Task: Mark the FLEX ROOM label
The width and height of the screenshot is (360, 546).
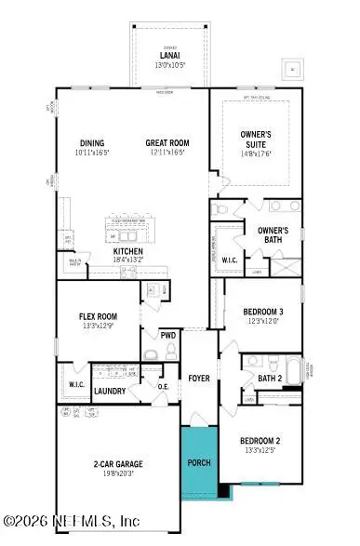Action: click(97, 316)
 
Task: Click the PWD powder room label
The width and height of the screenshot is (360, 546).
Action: click(168, 335)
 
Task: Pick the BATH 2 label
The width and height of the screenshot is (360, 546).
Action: click(270, 379)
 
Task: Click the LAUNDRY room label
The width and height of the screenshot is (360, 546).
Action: click(110, 392)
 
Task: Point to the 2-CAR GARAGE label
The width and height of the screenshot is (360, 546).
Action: click(116, 462)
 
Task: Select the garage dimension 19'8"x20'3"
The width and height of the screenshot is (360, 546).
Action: click(116, 473)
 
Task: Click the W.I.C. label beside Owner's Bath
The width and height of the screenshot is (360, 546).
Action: click(230, 260)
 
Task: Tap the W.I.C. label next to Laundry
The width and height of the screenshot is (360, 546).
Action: click(76, 383)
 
